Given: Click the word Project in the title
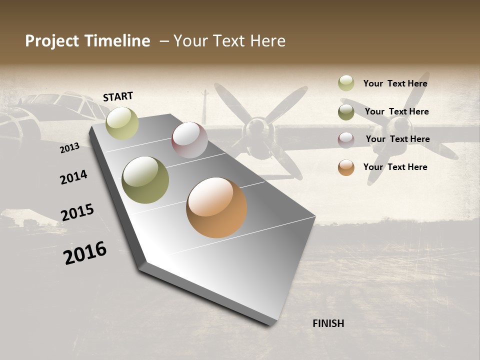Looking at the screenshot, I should click(x=52, y=41).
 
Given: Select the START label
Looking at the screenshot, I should click(x=118, y=96).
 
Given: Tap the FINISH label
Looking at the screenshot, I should click(x=328, y=323).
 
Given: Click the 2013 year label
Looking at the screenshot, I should click(x=69, y=148).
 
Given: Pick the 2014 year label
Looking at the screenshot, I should click(x=73, y=177).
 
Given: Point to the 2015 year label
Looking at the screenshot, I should click(x=77, y=212).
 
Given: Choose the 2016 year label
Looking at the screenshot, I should click(x=85, y=253).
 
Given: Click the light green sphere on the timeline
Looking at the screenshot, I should click(x=122, y=123).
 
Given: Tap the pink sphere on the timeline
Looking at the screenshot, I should click(x=189, y=140).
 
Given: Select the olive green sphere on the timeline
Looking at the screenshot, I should click(x=145, y=180).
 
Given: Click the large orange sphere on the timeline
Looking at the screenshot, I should click(x=216, y=207).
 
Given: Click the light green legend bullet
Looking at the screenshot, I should click(x=346, y=83).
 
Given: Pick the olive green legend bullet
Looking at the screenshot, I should click(x=346, y=112).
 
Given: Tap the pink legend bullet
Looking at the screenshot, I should click(x=346, y=140).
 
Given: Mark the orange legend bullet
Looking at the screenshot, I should click(x=346, y=167).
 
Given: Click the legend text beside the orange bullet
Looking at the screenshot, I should click(x=395, y=167).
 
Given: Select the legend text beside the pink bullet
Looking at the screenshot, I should click(x=397, y=139).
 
